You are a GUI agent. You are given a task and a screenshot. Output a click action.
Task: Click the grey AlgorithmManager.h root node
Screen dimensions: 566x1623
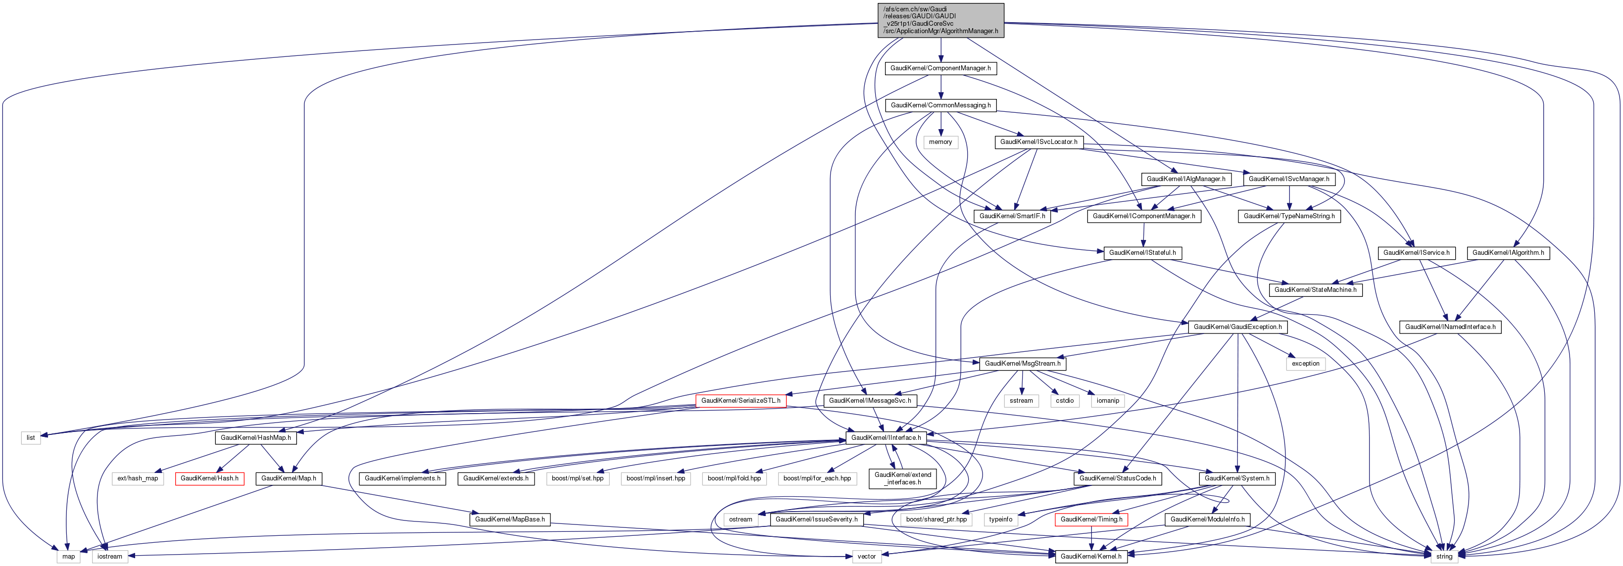point(940,20)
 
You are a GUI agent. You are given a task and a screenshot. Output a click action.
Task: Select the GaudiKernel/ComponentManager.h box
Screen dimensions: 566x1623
point(940,68)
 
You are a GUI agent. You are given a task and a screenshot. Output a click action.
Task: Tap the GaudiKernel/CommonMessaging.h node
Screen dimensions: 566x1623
point(940,105)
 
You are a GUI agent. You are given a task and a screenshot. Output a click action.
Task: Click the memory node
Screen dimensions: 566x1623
point(940,142)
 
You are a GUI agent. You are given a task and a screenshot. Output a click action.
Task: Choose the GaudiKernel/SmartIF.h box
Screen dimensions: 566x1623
point(1012,216)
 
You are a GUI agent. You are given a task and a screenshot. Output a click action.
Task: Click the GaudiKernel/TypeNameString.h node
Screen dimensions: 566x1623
point(1288,216)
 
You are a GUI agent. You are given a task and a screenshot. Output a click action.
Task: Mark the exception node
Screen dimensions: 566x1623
point(1305,364)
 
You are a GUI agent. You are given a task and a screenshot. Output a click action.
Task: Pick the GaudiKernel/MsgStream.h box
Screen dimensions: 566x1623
point(1022,364)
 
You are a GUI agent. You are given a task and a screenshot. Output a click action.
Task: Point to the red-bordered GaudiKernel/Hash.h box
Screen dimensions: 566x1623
point(209,478)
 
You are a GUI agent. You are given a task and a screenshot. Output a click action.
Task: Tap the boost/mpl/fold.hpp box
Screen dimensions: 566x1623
point(734,478)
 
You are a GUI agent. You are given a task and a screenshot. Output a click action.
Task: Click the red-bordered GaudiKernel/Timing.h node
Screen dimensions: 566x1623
point(1090,519)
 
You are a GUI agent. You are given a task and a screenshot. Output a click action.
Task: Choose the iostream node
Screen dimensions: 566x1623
point(109,557)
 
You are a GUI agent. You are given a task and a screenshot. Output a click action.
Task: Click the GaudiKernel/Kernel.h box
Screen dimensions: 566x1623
point(1090,557)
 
